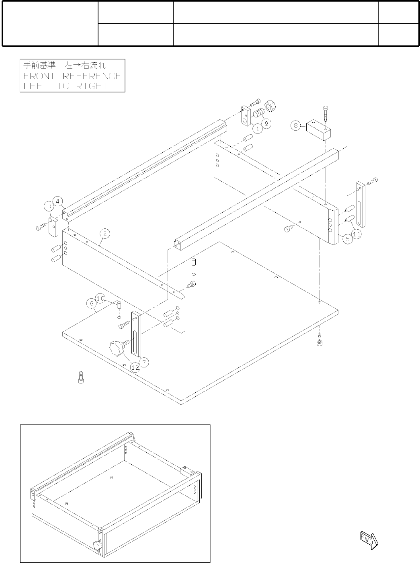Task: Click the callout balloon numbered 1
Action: [258, 129]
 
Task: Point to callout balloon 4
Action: [58, 201]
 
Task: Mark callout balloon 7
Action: [145, 362]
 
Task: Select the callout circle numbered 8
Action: [296, 125]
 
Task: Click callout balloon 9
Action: [267, 123]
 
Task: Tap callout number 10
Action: [100, 299]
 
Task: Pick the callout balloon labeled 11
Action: [356, 233]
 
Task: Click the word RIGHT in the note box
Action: [92, 86]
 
